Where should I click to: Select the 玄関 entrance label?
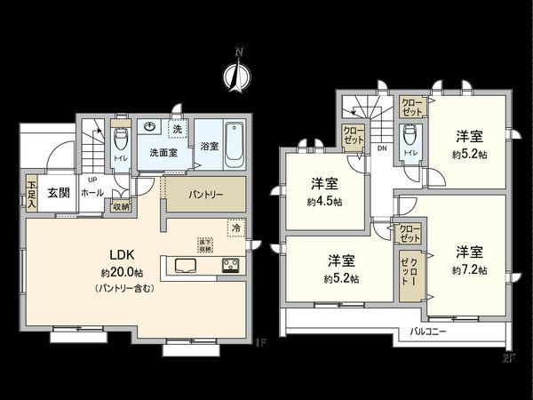[x=60, y=192]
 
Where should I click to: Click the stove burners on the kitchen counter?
[x=230, y=266]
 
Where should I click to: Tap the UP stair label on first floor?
[x=92, y=179]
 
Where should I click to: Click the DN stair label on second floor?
[x=382, y=150]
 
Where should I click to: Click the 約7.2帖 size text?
[x=469, y=268]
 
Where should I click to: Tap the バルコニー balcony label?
[x=428, y=332]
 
